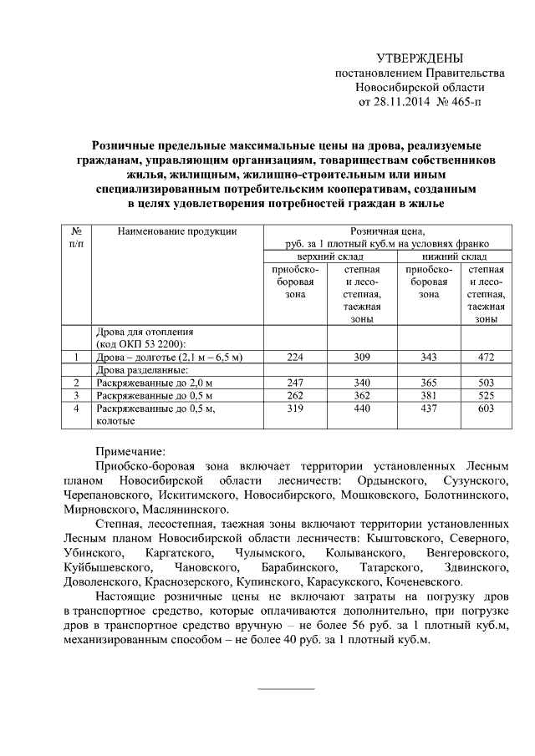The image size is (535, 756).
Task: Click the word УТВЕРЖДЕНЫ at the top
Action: [x=419, y=58]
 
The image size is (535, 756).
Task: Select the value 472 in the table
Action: [x=486, y=358]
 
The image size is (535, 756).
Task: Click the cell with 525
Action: [x=486, y=395]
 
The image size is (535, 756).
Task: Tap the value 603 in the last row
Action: [x=486, y=408]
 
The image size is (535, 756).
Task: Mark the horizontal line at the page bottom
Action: [x=285, y=689]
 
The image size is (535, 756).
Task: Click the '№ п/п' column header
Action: [x=76, y=237]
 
